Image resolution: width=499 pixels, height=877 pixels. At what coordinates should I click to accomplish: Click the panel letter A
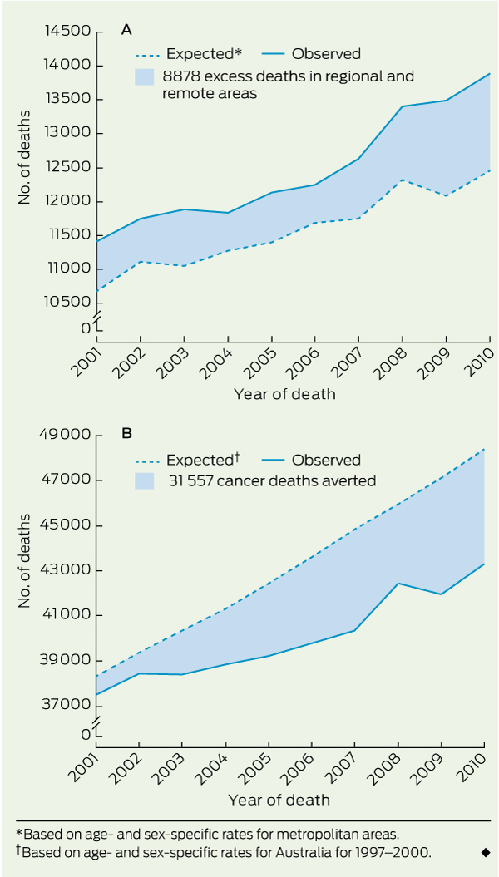tap(126, 30)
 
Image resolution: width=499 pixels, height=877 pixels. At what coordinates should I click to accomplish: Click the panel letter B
tap(126, 433)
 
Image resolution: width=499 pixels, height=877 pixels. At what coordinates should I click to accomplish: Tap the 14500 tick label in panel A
tap(67, 32)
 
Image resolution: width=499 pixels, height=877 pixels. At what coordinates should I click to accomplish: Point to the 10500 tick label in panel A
tap(67, 302)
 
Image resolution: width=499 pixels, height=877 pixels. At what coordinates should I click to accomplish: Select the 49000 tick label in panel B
tap(67, 435)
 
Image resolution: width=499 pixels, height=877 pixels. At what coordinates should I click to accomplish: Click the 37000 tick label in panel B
tap(67, 705)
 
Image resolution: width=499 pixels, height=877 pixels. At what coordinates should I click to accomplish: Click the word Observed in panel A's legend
tap(326, 54)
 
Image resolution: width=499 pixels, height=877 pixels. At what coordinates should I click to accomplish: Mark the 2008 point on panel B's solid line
tap(398, 584)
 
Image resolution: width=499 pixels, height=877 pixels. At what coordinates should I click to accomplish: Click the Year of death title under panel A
tap(284, 394)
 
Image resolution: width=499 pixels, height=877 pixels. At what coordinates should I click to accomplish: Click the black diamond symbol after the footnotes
tap(485, 852)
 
